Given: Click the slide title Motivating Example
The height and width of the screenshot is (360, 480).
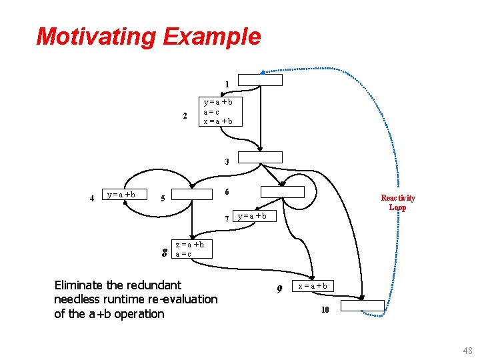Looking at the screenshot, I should [x=148, y=36].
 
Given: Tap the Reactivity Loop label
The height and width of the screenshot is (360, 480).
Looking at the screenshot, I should [x=398, y=202].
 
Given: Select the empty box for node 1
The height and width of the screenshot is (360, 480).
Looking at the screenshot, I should [x=261, y=80].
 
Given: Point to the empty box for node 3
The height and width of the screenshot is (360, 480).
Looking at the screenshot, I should [x=261, y=157].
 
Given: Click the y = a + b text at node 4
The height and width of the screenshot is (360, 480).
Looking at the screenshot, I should [x=121, y=195].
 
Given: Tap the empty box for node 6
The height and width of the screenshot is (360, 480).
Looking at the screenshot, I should [x=282, y=192].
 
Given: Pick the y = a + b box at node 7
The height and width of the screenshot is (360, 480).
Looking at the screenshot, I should [x=253, y=215].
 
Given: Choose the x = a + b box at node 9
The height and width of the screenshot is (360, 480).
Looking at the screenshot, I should [x=312, y=285].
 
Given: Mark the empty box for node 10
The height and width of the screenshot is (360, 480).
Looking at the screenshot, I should [x=363, y=305].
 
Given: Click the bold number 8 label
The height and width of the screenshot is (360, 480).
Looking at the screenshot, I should [x=165, y=253].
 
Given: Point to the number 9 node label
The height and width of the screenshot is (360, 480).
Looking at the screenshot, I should [x=280, y=289].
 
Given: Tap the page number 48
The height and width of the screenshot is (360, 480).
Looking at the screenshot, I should [x=467, y=351].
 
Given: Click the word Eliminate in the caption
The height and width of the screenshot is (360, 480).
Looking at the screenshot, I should [x=80, y=285].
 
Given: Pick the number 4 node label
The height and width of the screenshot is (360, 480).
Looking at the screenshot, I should [x=91, y=198].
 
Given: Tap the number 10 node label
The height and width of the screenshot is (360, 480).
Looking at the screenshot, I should [x=325, y=309].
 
